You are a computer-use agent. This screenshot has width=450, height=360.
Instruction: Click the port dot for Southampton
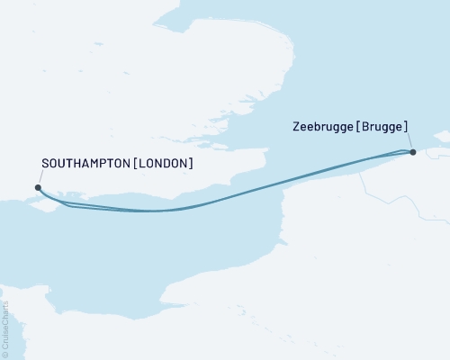click(x=37, y=187)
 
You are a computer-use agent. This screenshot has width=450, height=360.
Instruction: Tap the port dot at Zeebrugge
click(x=412, y=152)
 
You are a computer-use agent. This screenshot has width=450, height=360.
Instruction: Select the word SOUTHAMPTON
click(x=82, y=164)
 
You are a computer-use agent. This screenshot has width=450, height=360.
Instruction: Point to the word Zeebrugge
click(x=322, y=129)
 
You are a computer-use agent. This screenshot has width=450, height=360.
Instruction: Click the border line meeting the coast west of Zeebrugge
click(x=363, y=176)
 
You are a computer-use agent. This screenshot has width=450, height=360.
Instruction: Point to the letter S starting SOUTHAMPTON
click(x=45, y=164)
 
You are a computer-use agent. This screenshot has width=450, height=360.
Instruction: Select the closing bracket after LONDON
click(x=190, y=164)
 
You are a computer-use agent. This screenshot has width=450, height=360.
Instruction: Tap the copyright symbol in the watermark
click(x=6, y=352)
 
